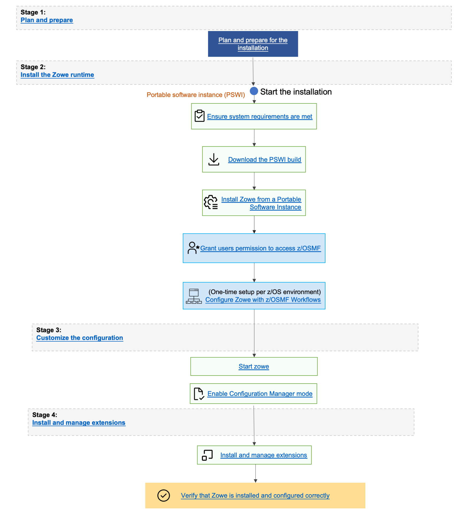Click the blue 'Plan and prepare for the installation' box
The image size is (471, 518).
pyautogui.click(x=253, y=44)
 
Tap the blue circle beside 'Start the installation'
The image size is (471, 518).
pyautogui.click(x=254, y=91)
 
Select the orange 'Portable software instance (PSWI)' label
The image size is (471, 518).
pyautogui.click(x=196, y=95)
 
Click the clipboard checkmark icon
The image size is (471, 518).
pyautogui.click(x=200, y=116)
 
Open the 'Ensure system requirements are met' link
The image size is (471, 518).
pyautogui.click(x=259, y=117)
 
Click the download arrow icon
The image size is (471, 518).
pyautogui.click(x=214, y=160)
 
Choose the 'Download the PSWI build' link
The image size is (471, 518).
pyautogui.click(x=265, y=160)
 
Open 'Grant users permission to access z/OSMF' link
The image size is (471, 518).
pyautogui.click(x=260, y=248)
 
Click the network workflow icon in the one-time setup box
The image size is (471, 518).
pyautogui.click(x=194, y=296)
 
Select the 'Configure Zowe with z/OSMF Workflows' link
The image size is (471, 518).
pyautogui.click(x=263, y=300)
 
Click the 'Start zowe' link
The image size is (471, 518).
pyautogui.click(x=254, y=366)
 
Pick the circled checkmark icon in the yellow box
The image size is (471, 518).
pyautogui.click(x=163, y=496)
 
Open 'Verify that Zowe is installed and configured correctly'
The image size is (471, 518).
pyautogui.click(x=255, y=496)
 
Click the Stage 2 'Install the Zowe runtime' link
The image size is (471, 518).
pyautogui.click(x=57, y=75)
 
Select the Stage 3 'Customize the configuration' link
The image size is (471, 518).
pyautogui.click(x=80, y=338)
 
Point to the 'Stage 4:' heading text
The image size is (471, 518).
pyautogui.click(x=45, y=415)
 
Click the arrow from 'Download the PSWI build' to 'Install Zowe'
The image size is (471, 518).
pyautogui.click(x=254, y=181)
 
